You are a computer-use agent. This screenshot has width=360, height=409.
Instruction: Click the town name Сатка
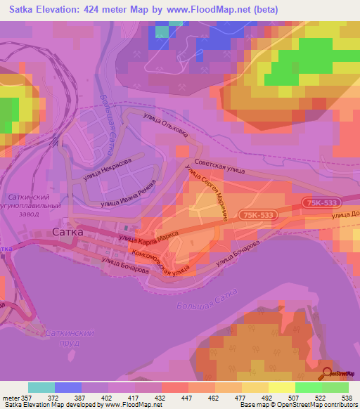point(68,231)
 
